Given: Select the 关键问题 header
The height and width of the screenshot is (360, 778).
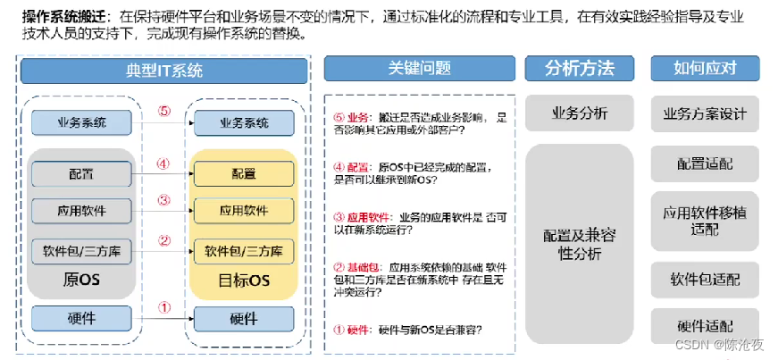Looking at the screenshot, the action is pyautogui.click(x=419, y=69).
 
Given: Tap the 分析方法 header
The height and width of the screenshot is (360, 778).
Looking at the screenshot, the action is pyautogui.click(x=580, y=69).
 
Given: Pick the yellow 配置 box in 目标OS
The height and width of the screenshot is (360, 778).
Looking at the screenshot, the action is pyautogui.click(x=244, y=173).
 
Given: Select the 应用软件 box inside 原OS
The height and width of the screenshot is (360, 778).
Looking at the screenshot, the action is pyautogui.click(x=82, y=212).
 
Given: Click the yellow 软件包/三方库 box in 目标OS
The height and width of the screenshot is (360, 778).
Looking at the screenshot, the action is pyautogui.click(x=244, y=251).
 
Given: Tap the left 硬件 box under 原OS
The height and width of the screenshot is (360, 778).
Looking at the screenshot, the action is pyautogui.click(x=82, y=318).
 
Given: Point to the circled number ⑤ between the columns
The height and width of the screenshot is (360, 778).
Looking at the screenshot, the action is pyautogui.click(x=163, y=112).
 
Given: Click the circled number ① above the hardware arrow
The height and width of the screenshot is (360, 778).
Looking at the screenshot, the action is pyautogui.click(x=163, y=306).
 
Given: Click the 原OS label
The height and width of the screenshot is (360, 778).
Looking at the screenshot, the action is pyautogui.click(x=82, y=280).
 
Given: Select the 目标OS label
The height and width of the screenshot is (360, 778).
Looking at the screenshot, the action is pyautogui.click(x=244, y=281).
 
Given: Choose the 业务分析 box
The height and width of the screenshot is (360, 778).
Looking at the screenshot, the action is pyautogui.click(x=580, y=114).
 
